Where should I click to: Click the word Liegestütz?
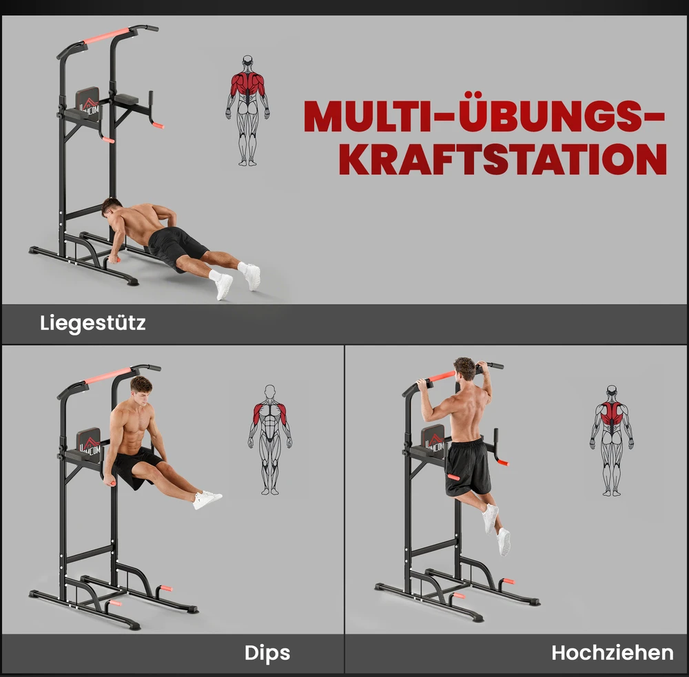point(93,323)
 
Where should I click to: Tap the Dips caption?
point(267,653)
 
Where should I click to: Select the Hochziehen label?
point(612,653)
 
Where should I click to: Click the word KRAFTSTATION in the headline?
point(503,158)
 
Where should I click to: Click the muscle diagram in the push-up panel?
point(248,110)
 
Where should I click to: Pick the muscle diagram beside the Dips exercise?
point(270,440)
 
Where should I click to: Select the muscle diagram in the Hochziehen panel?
point(612,441)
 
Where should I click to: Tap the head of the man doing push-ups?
point(111,207)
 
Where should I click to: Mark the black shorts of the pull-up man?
point(468,467)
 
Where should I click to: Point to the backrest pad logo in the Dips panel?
point(90,445)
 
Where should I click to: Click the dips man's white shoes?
point(207,499)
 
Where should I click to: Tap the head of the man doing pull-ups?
point(464,369)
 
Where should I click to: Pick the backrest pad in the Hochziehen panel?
point(433,444)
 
